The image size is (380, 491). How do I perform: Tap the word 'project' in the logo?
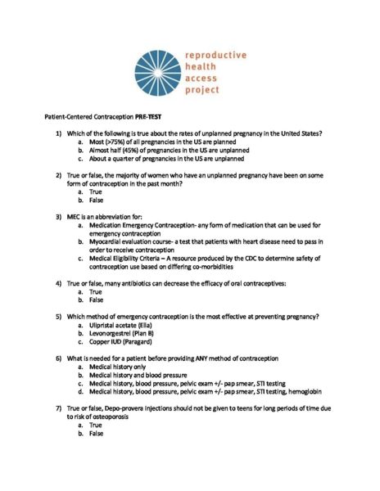point(201,89)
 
